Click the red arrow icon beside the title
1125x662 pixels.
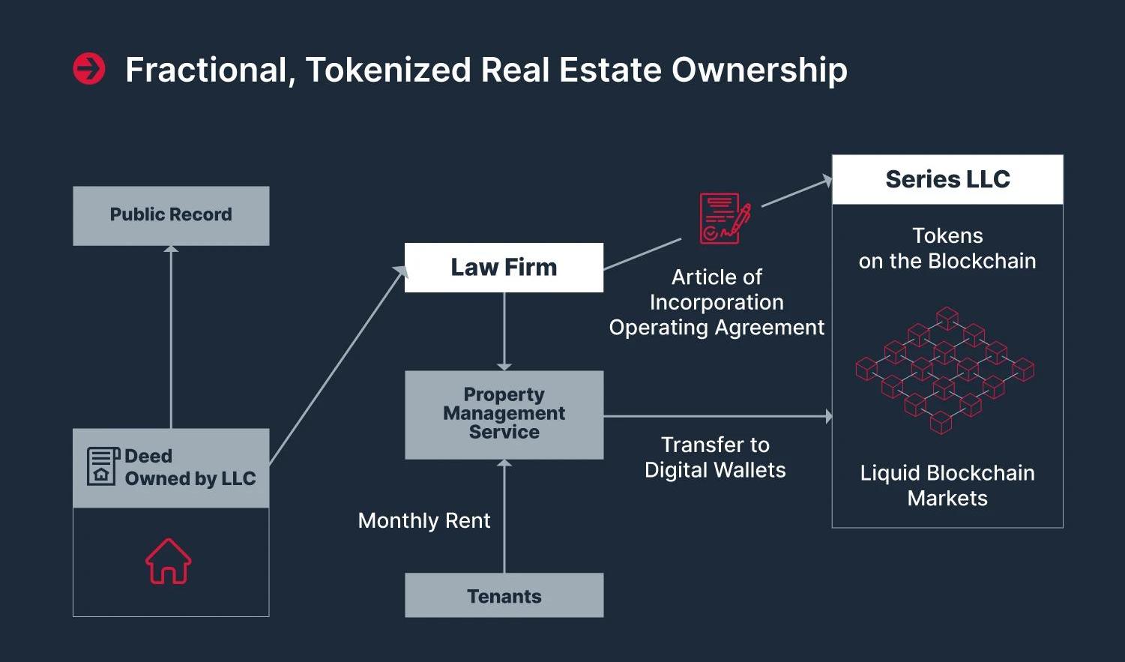(89, 69)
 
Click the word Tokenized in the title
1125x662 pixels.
(388, 70)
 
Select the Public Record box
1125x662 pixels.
(171, 215)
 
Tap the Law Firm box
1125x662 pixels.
(504, 268)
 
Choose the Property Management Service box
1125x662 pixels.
(504, 414)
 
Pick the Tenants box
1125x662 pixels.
(504, 596)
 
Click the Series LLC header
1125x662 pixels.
(947, 180)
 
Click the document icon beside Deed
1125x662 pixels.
(103, 466)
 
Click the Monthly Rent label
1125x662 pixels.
(424, 521)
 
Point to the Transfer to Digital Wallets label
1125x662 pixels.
(715, 457)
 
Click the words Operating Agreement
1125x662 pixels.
(717, 328)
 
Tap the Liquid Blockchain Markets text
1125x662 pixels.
(947, 486)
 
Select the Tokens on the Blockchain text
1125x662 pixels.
(947, 248)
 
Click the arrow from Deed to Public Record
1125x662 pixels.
(171, 337)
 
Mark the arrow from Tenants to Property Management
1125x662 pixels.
(504, 517)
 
